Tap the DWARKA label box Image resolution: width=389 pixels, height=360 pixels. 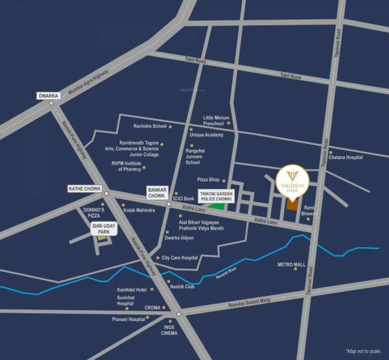[x=49, y=95]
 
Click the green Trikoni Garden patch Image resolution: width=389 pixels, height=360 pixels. [x=222, y=207]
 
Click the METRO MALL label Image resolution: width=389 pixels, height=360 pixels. [x=291, y=265]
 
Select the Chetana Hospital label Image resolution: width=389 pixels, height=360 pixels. [x=346, y=157]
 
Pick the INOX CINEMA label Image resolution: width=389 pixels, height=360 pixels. [x=170, y=330]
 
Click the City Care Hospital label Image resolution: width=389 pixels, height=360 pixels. [x=180, y=258]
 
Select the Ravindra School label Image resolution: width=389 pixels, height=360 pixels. [x=150, y=126]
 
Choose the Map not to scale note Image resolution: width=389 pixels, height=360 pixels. [x=364, y=350]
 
